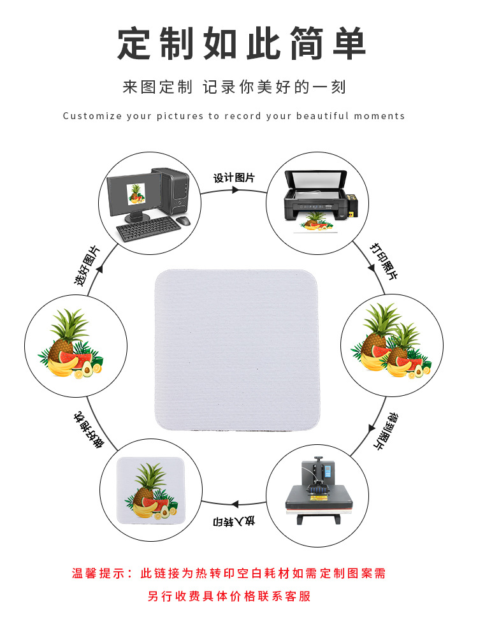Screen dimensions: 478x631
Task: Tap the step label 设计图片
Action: (x=234, y=178)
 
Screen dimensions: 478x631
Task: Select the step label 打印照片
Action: (x=384, y=261)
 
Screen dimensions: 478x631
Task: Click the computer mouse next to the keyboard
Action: (x=183, y=221)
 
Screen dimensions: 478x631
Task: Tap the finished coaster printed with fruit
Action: (x=150, y=491)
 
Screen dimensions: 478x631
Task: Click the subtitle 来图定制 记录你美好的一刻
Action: (x=234, y=87)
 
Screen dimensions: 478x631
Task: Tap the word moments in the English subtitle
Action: (x=380, y=116)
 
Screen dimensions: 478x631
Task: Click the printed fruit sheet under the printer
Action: (x=317, y=227)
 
